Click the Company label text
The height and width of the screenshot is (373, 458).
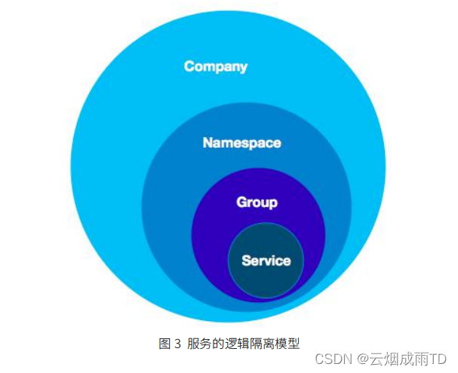216,66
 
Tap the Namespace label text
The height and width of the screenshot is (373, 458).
241,142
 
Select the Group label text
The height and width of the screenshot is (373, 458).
257,202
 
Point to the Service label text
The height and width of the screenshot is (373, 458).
266,261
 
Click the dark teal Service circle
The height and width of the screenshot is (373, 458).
266,279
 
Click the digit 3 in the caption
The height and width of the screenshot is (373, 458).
178,344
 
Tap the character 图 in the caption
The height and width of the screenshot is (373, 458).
165,344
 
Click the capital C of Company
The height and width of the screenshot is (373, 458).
189,66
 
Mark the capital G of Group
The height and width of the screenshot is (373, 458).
241,202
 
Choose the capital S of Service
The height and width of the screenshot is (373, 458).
246,261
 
